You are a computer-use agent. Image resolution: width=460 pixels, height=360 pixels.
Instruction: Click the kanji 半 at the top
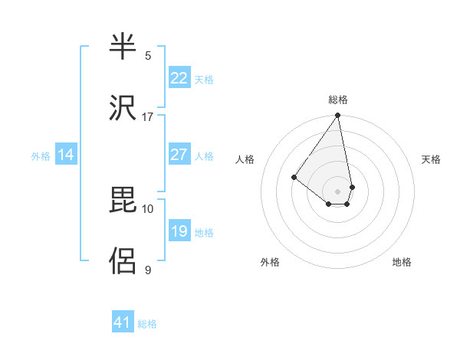point(123,47)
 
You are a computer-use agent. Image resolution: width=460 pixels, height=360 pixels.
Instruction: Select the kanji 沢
point(123,109)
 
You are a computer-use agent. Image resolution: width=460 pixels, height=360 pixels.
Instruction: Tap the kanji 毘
point(123,201)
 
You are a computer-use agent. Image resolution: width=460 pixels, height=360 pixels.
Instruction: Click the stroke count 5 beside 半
point(148,55)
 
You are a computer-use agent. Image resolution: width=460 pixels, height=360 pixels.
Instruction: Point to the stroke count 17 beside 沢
point(148,116)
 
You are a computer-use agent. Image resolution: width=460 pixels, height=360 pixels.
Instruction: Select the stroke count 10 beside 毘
point(148,208)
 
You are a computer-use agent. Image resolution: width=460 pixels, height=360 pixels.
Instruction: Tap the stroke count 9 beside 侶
point(148,270)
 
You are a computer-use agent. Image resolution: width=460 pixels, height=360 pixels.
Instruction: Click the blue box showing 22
point(179,78)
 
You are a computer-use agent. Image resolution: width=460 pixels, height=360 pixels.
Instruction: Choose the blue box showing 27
point(179,155)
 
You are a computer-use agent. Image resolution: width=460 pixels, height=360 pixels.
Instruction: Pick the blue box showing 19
point(179,231)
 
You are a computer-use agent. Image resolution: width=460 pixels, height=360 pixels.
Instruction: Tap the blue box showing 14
point(66,155)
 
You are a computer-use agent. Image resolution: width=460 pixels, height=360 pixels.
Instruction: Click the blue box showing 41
point(123,322)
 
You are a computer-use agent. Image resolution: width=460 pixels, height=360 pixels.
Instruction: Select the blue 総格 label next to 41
point(147,324)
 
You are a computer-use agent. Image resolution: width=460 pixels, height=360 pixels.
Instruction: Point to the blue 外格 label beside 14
point(41,156)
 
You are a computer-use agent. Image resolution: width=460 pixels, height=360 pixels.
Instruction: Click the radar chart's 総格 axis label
point(337,100)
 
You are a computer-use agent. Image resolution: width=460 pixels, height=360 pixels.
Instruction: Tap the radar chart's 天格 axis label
point(432,159)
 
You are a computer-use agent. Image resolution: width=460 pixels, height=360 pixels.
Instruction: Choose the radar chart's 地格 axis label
point(402,262)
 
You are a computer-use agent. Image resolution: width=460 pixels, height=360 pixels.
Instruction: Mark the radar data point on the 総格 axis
point(337,116)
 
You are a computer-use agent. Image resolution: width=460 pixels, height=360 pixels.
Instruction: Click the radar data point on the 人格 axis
point(294,177)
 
